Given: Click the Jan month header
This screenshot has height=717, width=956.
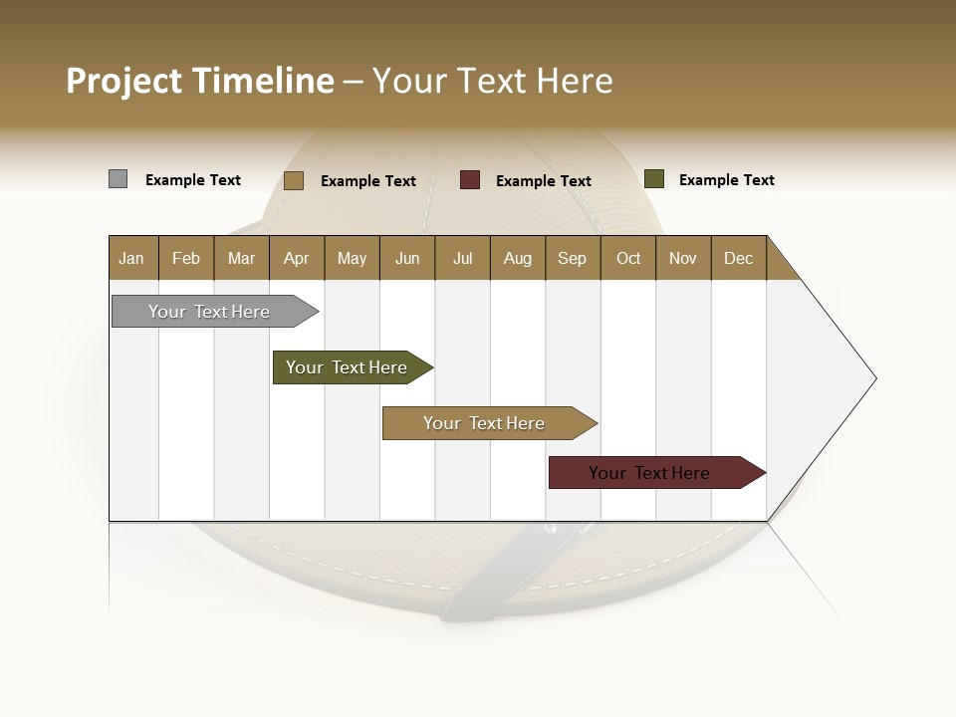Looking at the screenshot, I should [131, 258].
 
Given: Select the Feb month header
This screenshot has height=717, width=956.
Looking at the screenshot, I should [186, 258].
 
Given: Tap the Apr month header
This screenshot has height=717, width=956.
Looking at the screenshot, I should [296, 258].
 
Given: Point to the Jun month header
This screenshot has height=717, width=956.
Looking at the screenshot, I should [407, 258].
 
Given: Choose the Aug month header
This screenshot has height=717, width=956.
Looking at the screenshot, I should [517, 258].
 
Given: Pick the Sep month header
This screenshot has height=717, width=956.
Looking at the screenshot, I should [572, 258].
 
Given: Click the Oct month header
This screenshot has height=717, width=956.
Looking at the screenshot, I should [628, 258].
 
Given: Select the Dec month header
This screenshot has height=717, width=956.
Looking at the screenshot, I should [738, 258].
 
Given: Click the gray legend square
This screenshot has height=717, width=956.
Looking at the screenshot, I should [118, 179].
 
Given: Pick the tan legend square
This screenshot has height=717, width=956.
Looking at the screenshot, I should [293, 180].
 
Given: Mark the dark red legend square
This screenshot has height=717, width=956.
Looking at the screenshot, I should [469, 180].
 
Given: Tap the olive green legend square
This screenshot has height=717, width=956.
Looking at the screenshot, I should [653, 179].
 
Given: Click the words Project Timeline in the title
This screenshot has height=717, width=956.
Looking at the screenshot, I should [199, 81].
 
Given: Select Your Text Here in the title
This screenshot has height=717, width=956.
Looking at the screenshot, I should [493, 81].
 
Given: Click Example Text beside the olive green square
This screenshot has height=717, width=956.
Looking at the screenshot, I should [726, 180].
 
